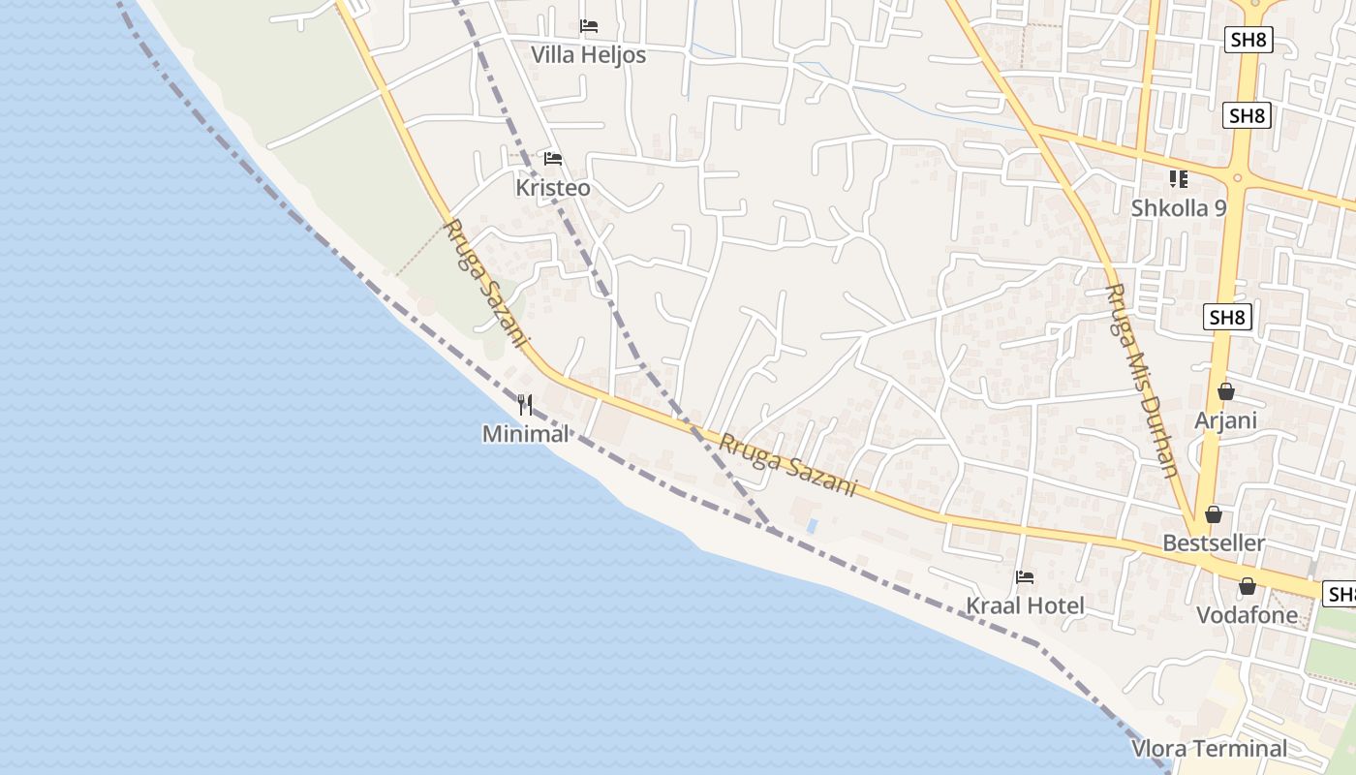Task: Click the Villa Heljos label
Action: tap(588, 55)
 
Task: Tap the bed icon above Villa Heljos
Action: tap(588, 26)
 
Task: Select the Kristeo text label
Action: tap(553, 188)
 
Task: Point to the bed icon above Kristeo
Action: tap(553, 159)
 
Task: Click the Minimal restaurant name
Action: tap(526, 434)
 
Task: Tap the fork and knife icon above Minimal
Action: tap(525, 404)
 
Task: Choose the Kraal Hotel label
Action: tap(1025, 606)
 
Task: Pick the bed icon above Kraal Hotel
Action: tap(1025, 577)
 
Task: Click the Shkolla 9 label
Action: tap(1179, 208)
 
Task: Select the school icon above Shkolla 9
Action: tap(1179, 179)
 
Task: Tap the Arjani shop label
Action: tap(1225, 420)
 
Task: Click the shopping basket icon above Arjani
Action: tap(1226, 391)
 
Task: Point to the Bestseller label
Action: tap(1214, 543)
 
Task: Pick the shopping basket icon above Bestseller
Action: tap(1214, 514)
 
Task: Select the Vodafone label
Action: tap(1247, 615)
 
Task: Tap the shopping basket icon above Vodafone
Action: tap(1248, 586)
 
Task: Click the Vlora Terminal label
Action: tap(1210, 749)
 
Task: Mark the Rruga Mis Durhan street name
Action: tap(1142, 381)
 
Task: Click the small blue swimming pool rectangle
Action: tap(812, 526)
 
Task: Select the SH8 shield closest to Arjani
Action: tap(1228, 317)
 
